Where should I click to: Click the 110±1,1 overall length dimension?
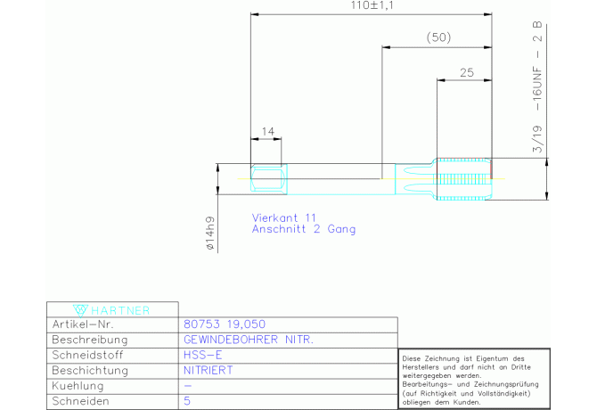point(372,5)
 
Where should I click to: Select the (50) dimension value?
point(438,37)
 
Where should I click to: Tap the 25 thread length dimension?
point(467,72)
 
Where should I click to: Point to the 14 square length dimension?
point(267,131)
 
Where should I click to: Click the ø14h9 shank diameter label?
point(210,233)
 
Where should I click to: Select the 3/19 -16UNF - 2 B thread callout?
point(537,86)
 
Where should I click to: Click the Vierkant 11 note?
point(284,217)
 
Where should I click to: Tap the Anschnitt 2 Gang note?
point(304,229)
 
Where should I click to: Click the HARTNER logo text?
point(120,311)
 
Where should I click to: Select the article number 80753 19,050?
point(225,324)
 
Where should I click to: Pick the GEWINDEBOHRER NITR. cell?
point(249,340)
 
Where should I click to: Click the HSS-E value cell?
point(202,355)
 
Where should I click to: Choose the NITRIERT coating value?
point(209,370)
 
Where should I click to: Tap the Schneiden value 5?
point(187,401)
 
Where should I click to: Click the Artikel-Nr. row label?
point(83,324)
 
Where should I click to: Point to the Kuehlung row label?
point(78,386)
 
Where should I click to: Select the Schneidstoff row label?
point(87,355)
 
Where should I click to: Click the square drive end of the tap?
point(269,178)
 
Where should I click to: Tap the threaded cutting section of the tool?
point(464,179)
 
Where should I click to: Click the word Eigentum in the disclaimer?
point(492,358)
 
